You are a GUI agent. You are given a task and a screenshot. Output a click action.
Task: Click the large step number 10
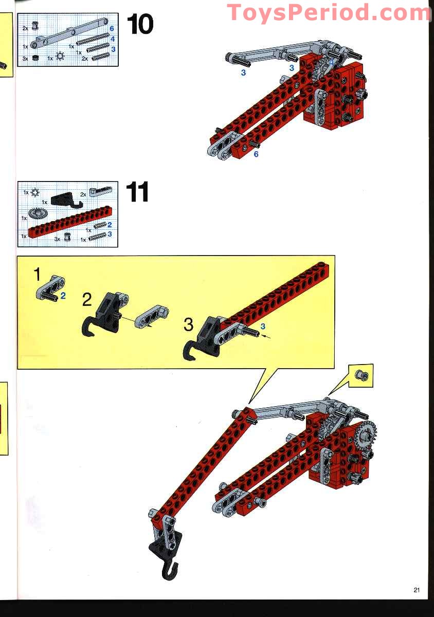[140, 25]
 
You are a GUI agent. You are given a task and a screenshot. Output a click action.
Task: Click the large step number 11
[137, 192]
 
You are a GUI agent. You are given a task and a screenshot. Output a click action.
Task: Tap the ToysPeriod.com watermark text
[329, 12]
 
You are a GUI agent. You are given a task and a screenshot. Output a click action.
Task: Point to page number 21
[417, 590]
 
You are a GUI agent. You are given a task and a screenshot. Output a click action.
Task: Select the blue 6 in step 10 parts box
[112, 28]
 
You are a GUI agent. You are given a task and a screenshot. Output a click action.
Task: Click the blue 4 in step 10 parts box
[113, 39]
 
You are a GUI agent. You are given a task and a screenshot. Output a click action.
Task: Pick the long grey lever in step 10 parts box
[69, 33]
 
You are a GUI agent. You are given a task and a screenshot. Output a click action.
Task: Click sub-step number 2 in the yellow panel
[87, 300]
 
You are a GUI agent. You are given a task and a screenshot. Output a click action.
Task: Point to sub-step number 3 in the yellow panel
[189, 324]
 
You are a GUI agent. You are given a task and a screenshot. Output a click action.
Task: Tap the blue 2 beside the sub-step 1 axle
[63, 296]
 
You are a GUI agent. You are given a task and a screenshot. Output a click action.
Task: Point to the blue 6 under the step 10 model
[256, 154]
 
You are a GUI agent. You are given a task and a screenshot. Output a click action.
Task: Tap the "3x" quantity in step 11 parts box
[57, 239]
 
